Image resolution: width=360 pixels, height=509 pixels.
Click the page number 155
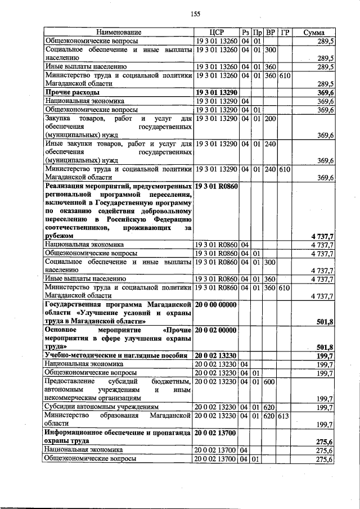tap(196, 14)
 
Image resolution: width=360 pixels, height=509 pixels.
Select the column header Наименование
tap(118, 33)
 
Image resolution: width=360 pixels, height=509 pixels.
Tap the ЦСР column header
tap(217, 33)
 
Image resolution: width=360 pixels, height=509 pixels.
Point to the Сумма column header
tap(314, 33)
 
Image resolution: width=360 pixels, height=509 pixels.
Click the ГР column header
tap(285, 33)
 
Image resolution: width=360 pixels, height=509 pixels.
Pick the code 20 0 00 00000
tap(217, 304)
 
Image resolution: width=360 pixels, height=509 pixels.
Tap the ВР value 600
tap(270, 381)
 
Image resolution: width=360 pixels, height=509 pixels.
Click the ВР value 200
tap(270, 119)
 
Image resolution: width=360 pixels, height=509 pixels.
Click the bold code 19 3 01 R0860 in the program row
tap(217, 185)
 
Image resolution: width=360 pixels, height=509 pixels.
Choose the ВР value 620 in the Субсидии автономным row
tap(270, 406)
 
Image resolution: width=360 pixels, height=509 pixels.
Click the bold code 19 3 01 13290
tap(217, 92)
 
